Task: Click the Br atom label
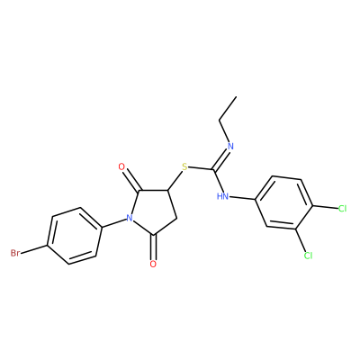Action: (15, 253)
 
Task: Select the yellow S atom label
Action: (184, 166)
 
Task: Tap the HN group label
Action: (222, 196)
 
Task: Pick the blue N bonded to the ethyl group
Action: (230, 147)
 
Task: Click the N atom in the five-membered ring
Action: (130, 218)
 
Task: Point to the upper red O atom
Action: (121, 166)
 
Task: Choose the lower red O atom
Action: (153, 264)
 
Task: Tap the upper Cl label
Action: (342, 209)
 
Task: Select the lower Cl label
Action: (308, 256)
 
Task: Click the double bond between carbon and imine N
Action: (221, 159)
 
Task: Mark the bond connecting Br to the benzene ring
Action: (34, 249)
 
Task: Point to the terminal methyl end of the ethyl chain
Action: (237, 96)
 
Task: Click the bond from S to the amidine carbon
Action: (201, 168)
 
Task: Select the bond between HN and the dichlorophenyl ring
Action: (241, 198)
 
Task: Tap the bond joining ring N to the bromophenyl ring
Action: (115, 223)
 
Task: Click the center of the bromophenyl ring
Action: (74, 236)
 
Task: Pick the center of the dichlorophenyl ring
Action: (284, 202)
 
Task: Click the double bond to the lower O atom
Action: (154, 247)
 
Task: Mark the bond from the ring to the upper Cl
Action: (325, 207)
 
